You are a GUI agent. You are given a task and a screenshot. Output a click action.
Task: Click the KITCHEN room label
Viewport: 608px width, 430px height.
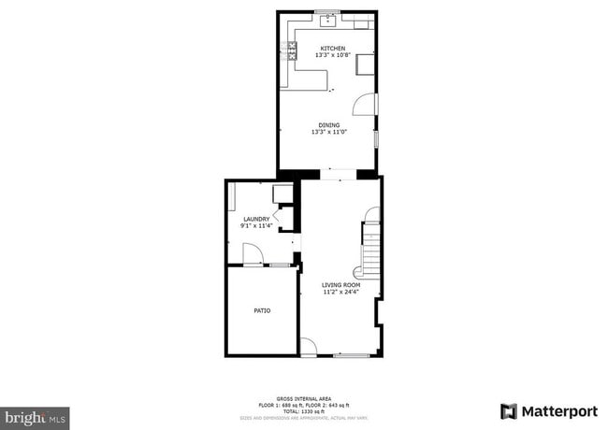[x=332, y=49]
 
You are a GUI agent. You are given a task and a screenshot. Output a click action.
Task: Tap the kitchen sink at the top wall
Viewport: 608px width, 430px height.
[x=330, y=18]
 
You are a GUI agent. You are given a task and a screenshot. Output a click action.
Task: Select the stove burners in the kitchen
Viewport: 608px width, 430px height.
[x=292, y=52]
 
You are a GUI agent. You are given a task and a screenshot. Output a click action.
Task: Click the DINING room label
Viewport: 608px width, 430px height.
[x=328, y=125]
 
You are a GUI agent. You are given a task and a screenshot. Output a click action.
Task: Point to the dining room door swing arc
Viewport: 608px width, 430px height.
[x=370, y=104]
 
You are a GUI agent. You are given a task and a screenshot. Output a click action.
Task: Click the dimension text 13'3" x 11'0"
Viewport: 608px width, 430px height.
[x=328, y=132]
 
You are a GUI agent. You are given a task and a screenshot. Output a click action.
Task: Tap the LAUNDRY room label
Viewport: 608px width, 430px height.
[x=255, y=219]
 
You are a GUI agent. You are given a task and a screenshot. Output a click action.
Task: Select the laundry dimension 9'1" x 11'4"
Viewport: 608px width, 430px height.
[x=256, y=225]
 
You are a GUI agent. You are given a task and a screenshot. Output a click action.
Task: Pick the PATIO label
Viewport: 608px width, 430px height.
[x=262, y=310]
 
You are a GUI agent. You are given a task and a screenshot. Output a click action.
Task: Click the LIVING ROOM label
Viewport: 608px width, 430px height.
[x=340, y=285]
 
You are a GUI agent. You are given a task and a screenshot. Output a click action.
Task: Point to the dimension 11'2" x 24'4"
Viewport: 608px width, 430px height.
[x=340, y=292]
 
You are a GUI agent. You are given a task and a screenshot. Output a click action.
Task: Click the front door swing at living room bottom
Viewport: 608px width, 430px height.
[x=308, y=347]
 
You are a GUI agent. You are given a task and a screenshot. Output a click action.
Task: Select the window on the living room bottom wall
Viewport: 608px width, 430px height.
[x=351, y=355]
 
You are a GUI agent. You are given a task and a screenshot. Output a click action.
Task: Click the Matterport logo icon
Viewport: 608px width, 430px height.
[x=508, y=411]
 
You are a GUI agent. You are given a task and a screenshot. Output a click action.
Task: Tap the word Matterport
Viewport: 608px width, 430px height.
[x=558, y=411]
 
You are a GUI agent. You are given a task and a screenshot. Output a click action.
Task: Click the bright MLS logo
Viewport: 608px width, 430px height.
[x=34, y=416]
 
